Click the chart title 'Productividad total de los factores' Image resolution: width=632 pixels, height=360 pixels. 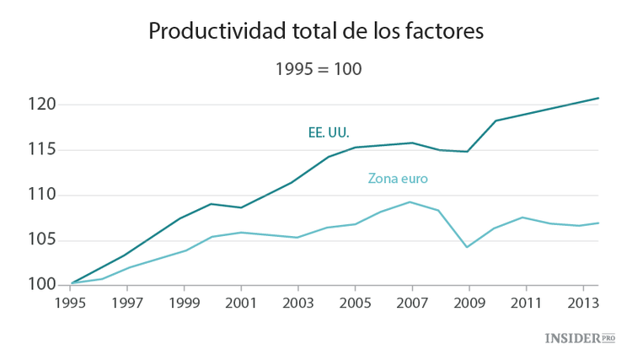click(316, 31)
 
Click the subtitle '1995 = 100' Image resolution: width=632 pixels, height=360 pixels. click(318, 69)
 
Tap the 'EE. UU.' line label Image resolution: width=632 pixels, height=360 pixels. click(329, 132)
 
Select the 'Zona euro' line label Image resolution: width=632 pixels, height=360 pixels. click(399, 179)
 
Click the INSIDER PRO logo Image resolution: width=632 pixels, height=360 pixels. click(580, 338)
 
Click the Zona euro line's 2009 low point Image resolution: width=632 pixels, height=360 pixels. click(468, 247)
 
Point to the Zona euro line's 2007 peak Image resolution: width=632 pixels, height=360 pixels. click(410, 201)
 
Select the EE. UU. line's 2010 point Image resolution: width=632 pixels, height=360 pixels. click(496, 121)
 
